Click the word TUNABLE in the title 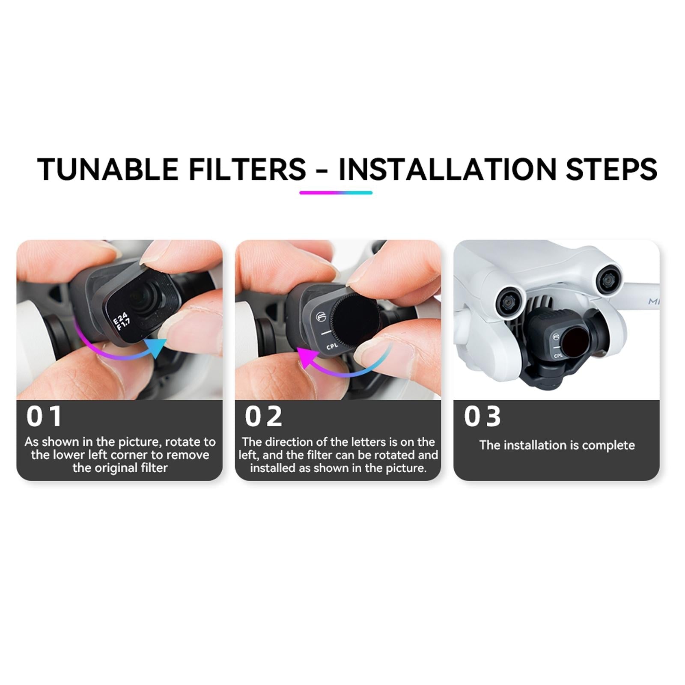107,169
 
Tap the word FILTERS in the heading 247,169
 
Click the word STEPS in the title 611,169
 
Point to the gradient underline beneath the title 336,193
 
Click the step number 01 44,416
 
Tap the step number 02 263,416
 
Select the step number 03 482,416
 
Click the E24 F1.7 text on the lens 121,321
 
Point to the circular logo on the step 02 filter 321,317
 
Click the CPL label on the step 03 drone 558,356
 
